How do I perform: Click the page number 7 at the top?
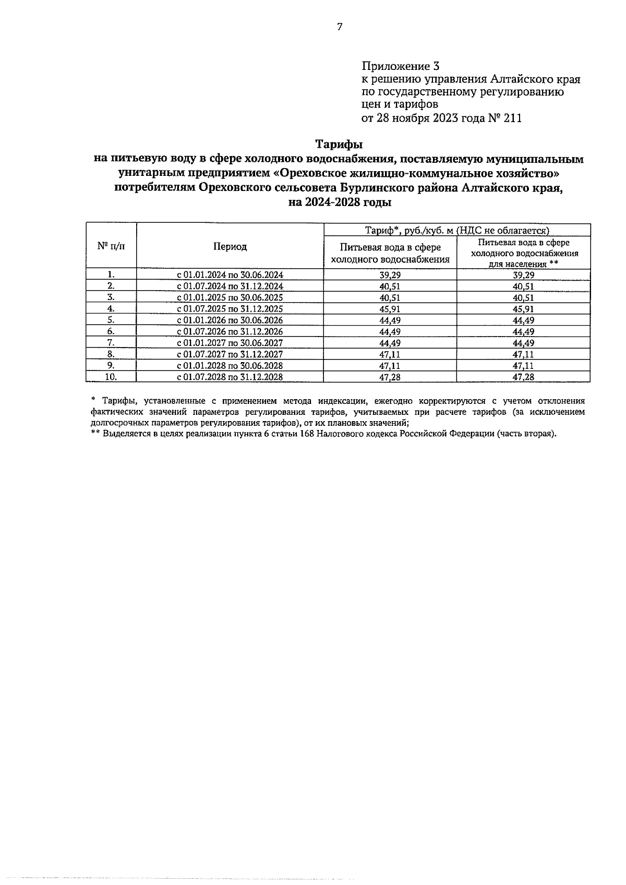tap(340, 27)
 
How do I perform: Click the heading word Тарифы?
tap(339, 143)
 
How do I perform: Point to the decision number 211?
tap(512, 118)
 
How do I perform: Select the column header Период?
tap(230, 247)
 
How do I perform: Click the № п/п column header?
tap(111, 246)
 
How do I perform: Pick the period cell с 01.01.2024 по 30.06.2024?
tap(230, 275)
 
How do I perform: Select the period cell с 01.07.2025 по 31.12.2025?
tap(230, 309)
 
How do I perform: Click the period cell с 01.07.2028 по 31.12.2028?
tap(230, 377)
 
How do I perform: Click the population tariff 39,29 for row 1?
tap(523, 275)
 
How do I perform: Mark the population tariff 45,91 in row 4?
tap(523, 309)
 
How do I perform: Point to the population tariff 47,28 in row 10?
tap(523, 377)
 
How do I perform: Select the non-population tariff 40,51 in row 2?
tap(390, 286)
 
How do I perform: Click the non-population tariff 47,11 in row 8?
tap(390, 354)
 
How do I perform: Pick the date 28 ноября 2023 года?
tap(430, 118)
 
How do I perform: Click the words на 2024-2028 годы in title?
tap(339, 202)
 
